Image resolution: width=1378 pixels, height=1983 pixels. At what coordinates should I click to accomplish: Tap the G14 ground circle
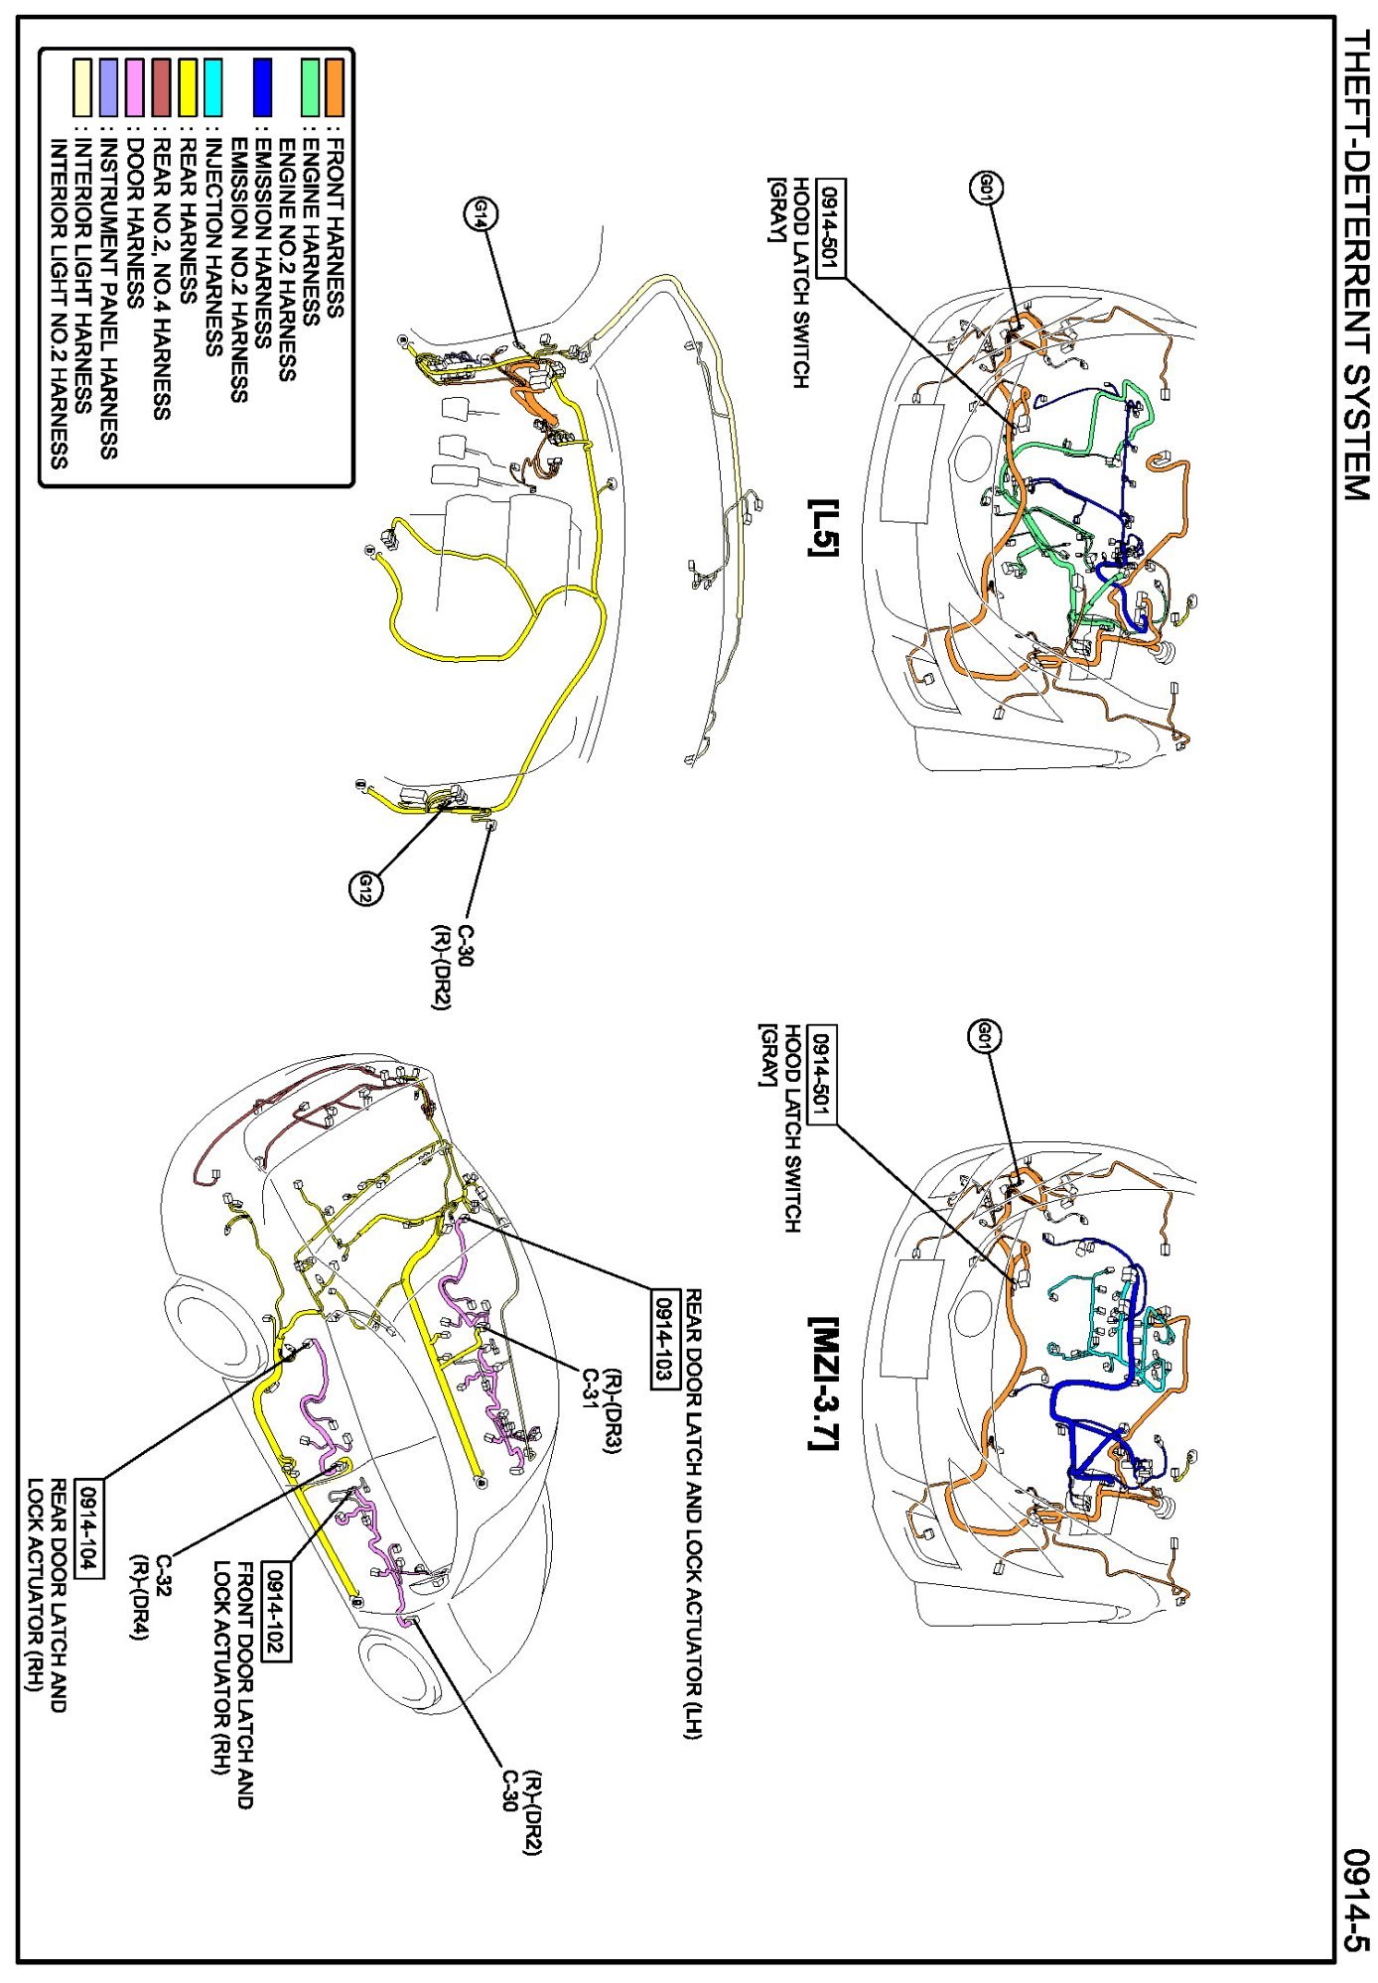click(x=482, y=212)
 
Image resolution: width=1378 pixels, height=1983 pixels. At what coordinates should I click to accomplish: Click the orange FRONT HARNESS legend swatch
click(x=335, y=87)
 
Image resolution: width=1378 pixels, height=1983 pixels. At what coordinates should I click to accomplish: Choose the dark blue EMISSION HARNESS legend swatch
click(x=262, y=87)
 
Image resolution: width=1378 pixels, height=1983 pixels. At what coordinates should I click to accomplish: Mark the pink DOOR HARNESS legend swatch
click(x=135, y=87)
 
